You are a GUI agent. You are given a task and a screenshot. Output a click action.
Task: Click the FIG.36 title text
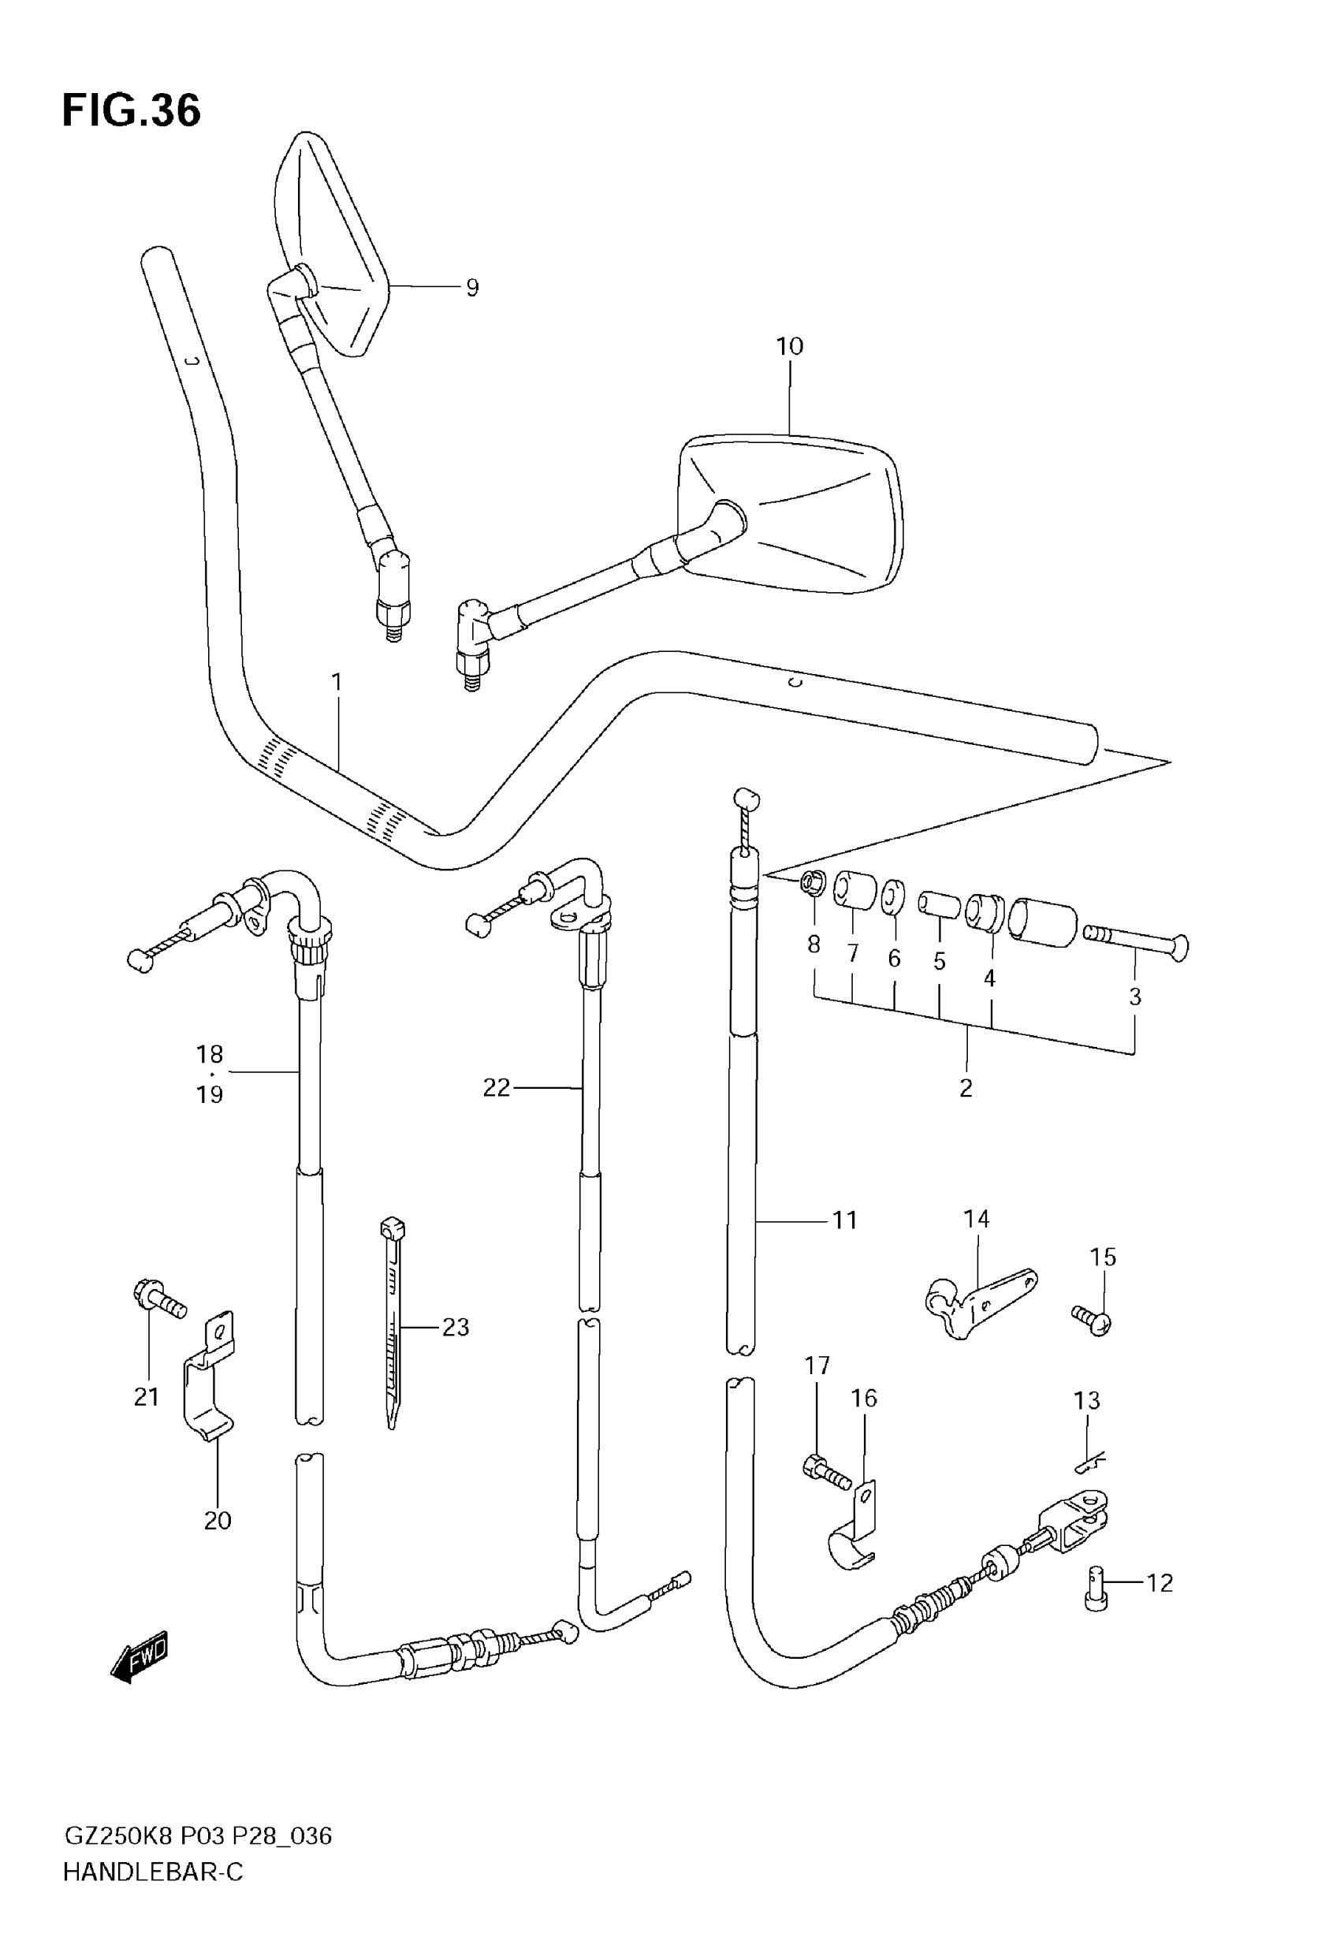(132, 111)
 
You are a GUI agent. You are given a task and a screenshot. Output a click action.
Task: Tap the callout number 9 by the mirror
(472, 288)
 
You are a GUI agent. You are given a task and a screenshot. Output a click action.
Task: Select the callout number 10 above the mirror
(789, 346)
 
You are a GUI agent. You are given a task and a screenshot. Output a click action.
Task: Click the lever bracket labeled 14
(980, 1305)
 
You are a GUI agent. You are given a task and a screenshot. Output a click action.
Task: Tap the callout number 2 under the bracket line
(966, 1088)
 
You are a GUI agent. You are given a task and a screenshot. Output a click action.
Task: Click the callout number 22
(497, 1088)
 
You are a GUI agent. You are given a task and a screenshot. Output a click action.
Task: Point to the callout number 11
(845, 1220)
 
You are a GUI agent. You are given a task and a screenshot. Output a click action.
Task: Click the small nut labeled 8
(813, 883)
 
